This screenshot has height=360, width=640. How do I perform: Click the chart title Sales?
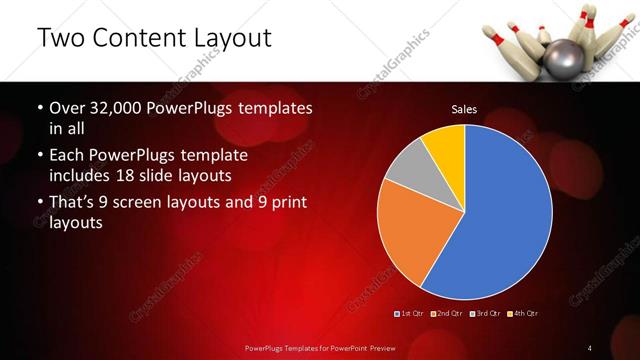[x=464, y=108]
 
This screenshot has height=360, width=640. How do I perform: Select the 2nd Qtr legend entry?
[x=447, y=314]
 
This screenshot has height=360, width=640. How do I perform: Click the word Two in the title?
[x=61, y=39]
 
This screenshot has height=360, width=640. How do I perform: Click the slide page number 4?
[x=590, y=347]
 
